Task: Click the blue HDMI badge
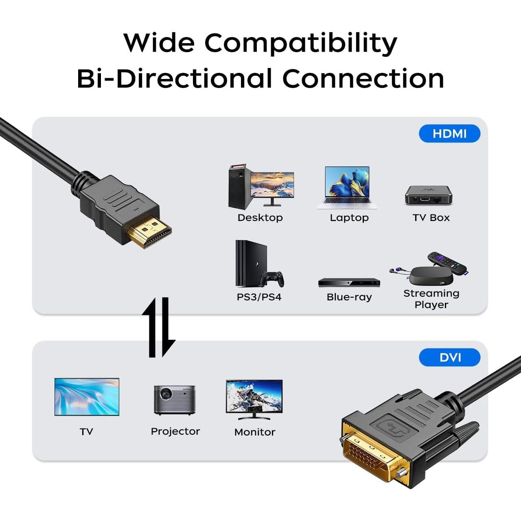[449, 134]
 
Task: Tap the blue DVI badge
[450, 357]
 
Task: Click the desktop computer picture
[260, 187]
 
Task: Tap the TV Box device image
[428, 195]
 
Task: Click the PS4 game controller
[273, 279]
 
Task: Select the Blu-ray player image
[349, 282]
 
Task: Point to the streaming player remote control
[448, 263]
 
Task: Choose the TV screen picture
[87, 396]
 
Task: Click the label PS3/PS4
[259, 297]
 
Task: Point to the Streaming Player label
[431, 299]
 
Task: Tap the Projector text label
[175, 431]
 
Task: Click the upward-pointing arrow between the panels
[151, 328]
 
